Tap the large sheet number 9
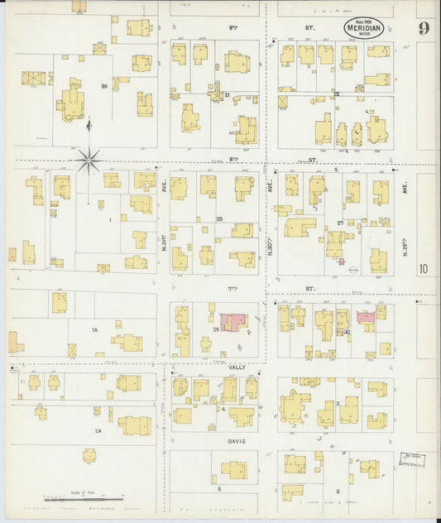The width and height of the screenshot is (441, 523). tap(423, 29)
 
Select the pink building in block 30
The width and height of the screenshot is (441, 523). tap(365, 316)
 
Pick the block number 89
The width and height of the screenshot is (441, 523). tap(104, 86)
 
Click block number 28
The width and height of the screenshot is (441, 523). tap(219, 218)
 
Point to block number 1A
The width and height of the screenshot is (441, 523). tap(94, 329)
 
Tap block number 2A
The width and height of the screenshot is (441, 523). tap(98, 430)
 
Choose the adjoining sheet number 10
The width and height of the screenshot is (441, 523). tap(424, 267)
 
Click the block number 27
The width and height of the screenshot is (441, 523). tap(339, 223)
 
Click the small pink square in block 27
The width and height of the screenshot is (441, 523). tap(340, 261)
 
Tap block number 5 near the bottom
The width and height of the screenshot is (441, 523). tap(219, 488)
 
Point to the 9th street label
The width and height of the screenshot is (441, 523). tap(232, 27)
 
